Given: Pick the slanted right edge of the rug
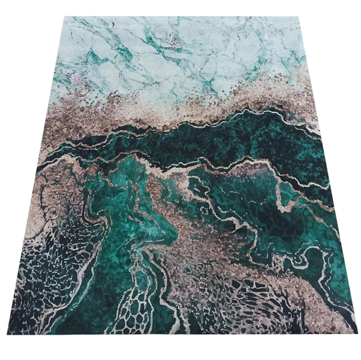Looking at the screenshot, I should tap(329, 174).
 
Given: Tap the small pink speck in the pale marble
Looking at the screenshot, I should tap(175, 44).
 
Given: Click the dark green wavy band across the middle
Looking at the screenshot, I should tap(221, 144).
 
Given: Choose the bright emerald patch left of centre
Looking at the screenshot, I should tap(127, 201).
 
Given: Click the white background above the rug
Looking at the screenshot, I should tap(180, 7).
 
